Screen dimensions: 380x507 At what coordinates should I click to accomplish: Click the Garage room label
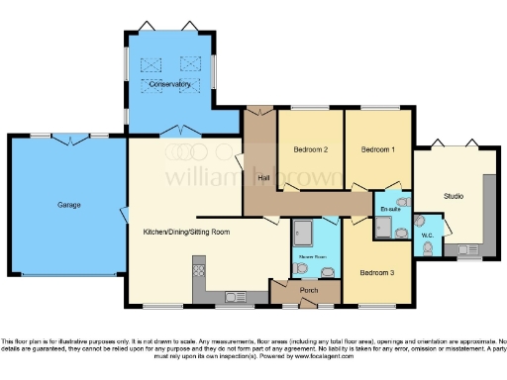(68, 205)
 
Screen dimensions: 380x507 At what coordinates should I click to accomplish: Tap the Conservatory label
(169, 85)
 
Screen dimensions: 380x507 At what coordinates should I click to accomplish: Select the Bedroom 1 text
(377, 149)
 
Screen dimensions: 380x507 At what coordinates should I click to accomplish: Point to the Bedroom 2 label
(310, 149)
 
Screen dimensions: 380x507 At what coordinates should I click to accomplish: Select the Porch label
(308, 290)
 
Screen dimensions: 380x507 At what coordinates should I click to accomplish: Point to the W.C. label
(429, 235)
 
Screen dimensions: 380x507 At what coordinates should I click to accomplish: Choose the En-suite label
(389, 210)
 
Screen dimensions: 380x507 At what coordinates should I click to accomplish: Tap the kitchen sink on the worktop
(236, 295)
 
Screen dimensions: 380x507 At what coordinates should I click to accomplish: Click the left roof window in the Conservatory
(152, 66)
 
